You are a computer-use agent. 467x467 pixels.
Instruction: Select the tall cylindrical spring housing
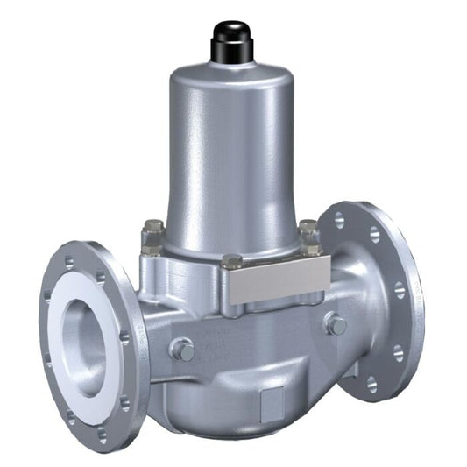coord(229,158)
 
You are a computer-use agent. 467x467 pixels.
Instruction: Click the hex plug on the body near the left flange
coord(183,349)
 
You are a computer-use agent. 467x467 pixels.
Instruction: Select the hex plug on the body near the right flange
coord(336,325)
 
